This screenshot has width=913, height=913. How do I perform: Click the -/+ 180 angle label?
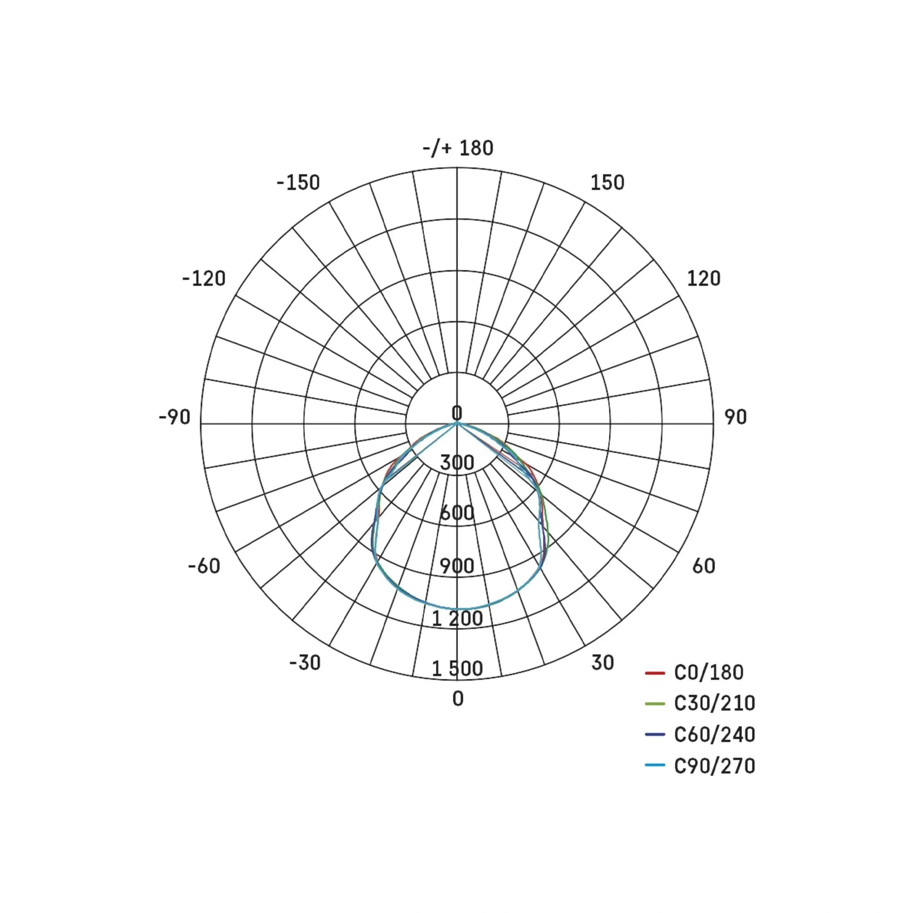457,148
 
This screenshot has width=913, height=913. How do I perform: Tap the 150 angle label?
607,183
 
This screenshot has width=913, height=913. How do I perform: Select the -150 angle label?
298,183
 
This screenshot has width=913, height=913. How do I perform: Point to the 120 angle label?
703,279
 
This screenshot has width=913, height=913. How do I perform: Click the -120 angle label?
204,279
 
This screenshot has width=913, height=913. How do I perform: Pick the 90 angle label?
735,417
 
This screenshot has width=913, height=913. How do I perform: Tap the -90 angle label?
174,417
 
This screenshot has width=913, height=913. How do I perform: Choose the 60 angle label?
703,566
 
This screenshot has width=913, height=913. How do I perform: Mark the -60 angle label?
204,566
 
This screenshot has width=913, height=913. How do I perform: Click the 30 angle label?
602,662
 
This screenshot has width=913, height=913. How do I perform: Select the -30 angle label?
305,662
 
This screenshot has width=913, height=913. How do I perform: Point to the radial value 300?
457,462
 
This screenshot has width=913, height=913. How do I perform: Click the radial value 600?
457,513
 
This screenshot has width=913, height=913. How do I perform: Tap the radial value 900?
457,566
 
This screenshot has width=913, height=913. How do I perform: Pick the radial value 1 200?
457,619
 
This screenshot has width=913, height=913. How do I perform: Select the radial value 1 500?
457,669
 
